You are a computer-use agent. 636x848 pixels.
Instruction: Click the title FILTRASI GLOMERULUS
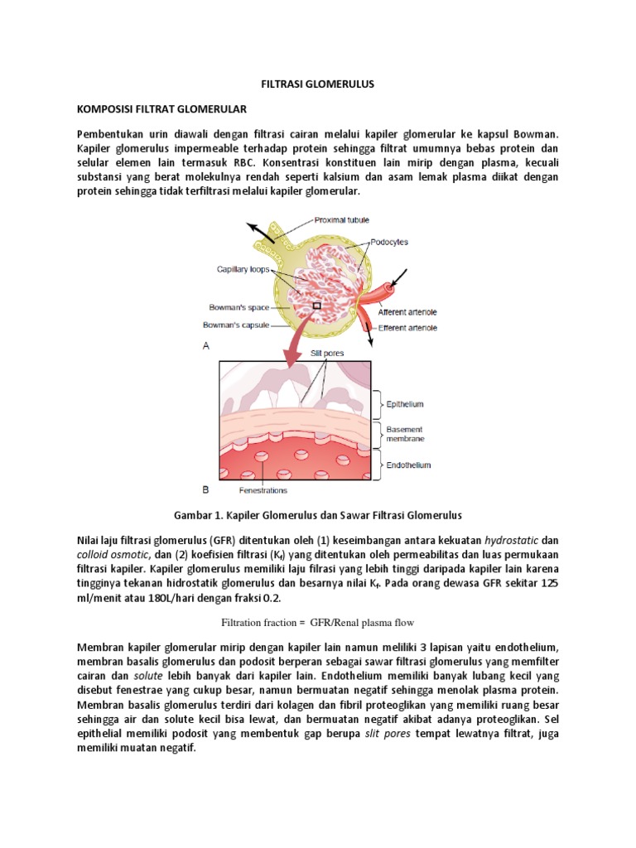(x=318, y=84)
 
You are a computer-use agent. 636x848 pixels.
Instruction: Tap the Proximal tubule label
(x=341, y=219)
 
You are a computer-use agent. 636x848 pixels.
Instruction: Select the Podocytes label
(x=389, y=242)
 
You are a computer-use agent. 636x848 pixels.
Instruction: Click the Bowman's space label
(x=238, y=307)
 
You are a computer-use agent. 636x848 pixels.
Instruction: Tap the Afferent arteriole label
(x=407, y=312)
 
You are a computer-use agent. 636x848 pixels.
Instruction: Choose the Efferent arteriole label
(x=407, y=329)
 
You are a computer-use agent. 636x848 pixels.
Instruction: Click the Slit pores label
(x=326, y=352)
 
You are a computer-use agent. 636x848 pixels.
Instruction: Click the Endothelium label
(x=408, y=465)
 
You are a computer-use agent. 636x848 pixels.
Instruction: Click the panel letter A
(x=206, y=347)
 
